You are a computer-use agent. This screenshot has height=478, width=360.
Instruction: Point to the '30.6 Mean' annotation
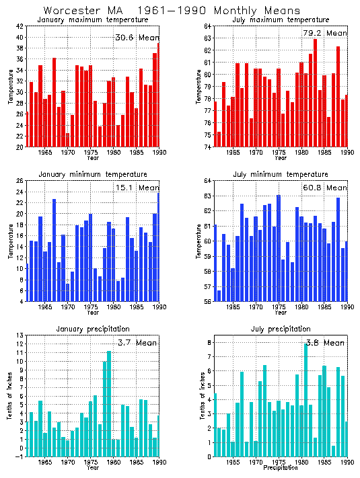click(137, 38)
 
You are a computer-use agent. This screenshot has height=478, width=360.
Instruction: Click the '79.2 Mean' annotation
click(325, 33)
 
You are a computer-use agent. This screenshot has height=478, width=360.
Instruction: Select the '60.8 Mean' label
click(325, 188)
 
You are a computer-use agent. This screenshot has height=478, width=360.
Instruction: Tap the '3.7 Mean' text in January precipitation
click(137, 343)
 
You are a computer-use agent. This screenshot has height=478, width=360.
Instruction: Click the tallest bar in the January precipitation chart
click(109, 403)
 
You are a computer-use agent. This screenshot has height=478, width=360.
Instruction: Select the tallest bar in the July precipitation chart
click(305, 399)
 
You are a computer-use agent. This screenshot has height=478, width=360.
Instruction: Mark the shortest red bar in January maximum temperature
click(68, 140)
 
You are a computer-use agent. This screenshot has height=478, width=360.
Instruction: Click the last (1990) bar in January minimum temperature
click(159, 247)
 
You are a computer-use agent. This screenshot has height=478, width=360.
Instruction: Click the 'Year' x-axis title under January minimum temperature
click(92, 313)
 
